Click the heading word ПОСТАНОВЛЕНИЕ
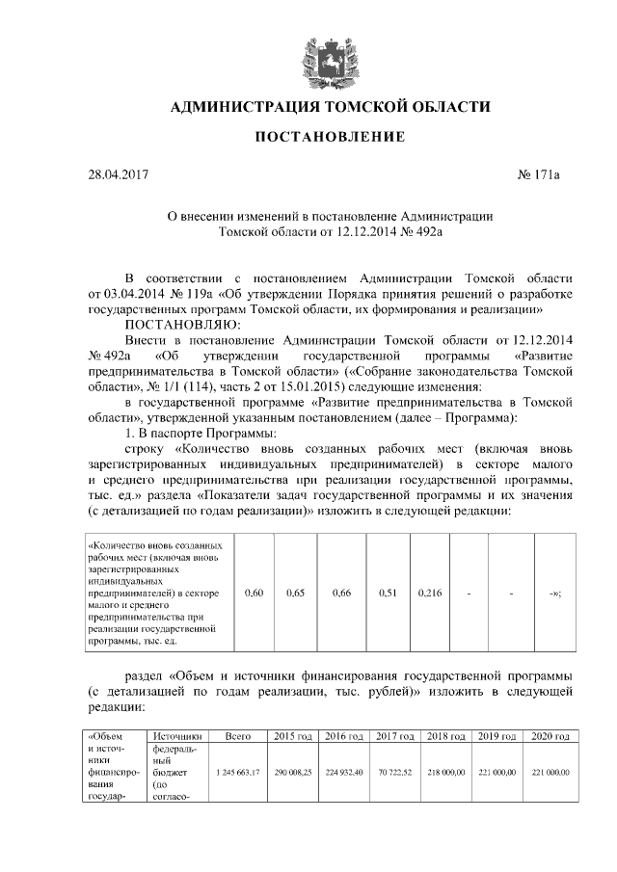329,138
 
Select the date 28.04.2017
119,175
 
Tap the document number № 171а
539,175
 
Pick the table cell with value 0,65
296,593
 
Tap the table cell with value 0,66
340,593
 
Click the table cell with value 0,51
387,593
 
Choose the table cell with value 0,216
430,593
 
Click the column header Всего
237,736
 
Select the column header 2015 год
293,736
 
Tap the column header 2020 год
550,736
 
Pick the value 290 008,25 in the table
293,773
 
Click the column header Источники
176,736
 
